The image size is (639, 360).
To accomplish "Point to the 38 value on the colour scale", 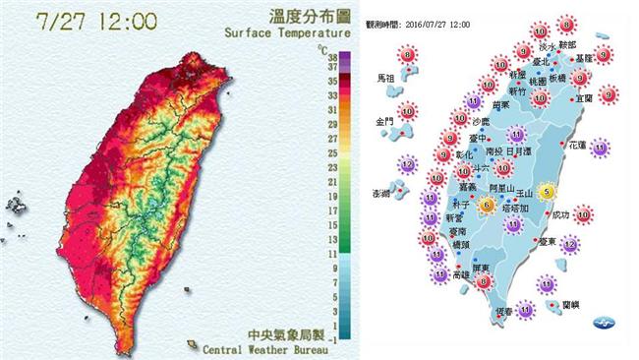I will tap(335, 58).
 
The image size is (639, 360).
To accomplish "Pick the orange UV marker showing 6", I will tap(487, 205).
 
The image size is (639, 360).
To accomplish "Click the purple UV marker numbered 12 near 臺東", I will tap(568, 243).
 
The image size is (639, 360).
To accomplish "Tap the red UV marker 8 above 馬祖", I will tap(406, 56).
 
